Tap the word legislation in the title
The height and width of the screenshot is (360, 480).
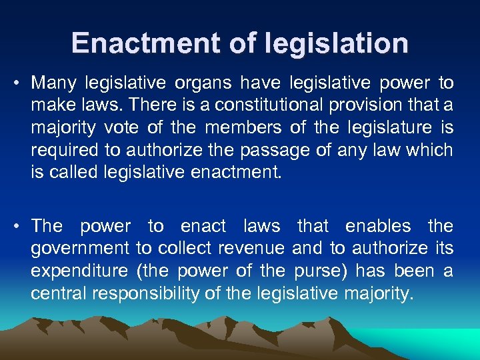click(x=337, y=43)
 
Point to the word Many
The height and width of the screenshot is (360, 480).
click(x=54, y=83)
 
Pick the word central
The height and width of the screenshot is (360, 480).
click(x=54, y=293)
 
